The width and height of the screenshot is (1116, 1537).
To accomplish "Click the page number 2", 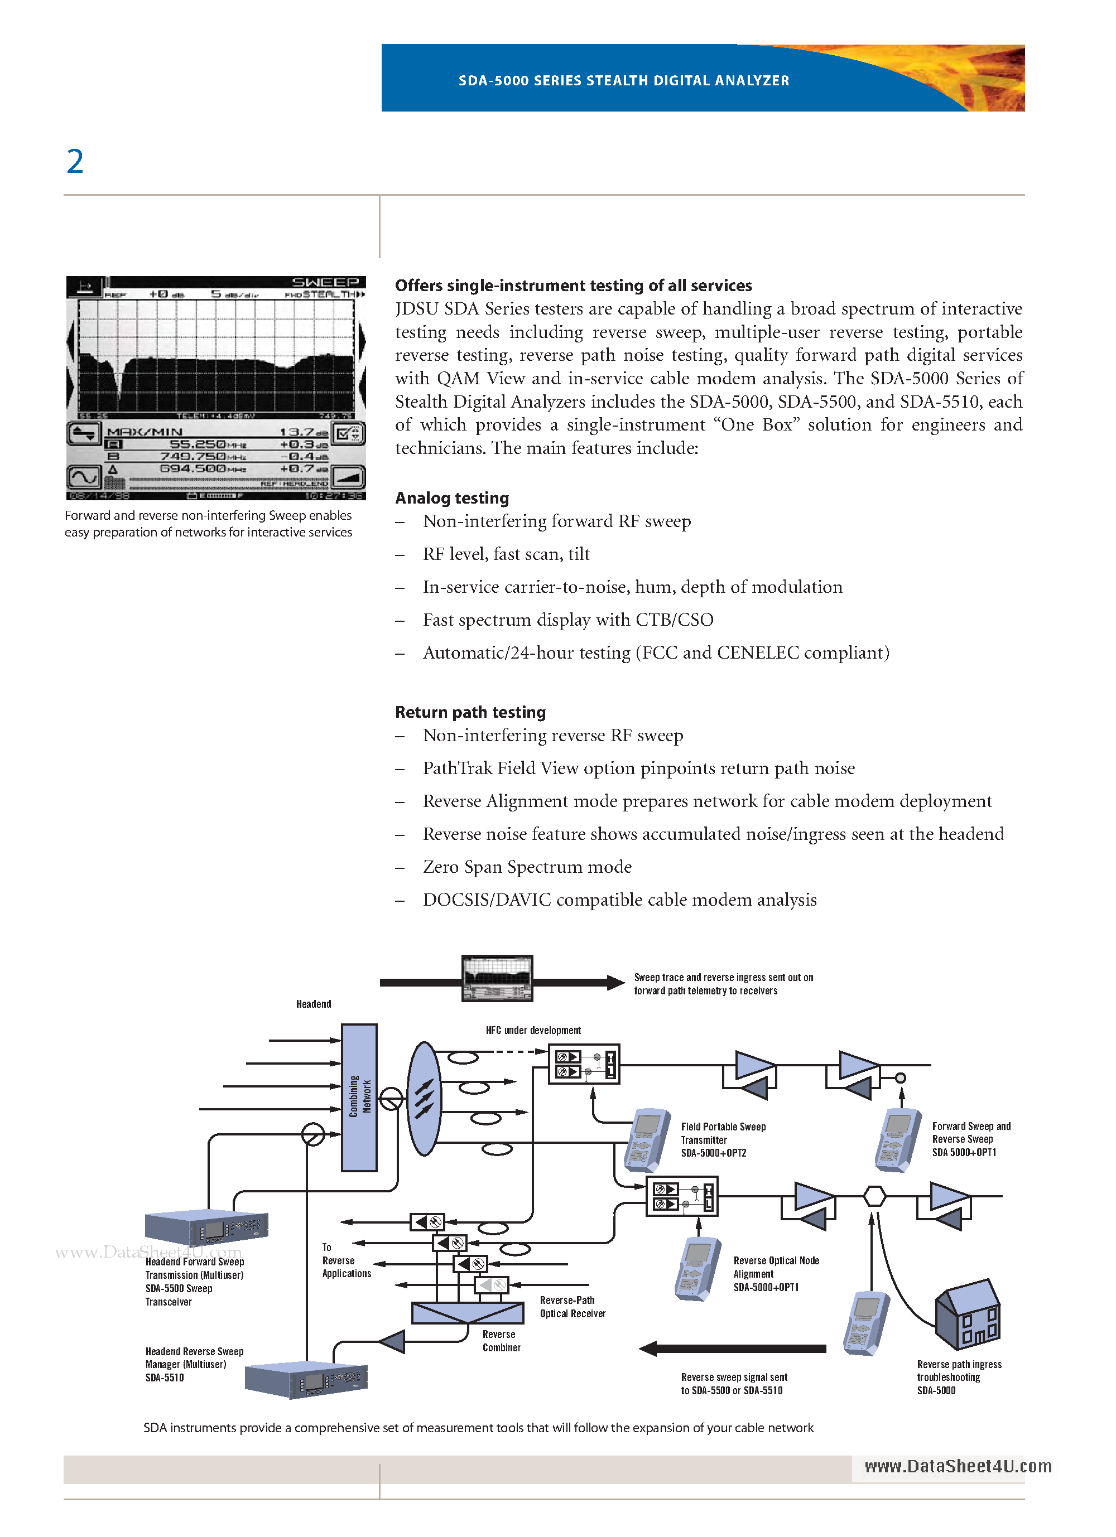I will [75, 162].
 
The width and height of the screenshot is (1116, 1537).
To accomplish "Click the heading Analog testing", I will [451, 498].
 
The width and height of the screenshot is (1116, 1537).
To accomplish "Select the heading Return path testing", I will [470, 712].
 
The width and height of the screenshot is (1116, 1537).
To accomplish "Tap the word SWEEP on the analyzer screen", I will [325, 282].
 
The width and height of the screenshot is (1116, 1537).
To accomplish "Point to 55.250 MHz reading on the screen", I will [198, 444].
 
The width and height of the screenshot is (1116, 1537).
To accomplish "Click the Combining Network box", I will [359, 1097].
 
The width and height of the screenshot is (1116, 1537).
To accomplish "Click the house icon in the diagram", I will [968, 1314].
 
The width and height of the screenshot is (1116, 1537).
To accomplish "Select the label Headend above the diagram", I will [313, 1004].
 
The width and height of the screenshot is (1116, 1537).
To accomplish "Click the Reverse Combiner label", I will [502, 1341].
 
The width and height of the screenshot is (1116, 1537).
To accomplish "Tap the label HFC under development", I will [533, 1030].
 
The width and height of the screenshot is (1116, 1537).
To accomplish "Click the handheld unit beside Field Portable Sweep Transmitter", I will [647, 1140].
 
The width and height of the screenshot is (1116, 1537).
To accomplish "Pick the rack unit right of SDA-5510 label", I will [306, 1380].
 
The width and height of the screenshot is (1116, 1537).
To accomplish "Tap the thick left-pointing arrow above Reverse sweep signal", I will [732, 1348].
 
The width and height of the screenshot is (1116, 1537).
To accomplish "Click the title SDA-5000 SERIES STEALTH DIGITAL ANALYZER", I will [624, 81].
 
